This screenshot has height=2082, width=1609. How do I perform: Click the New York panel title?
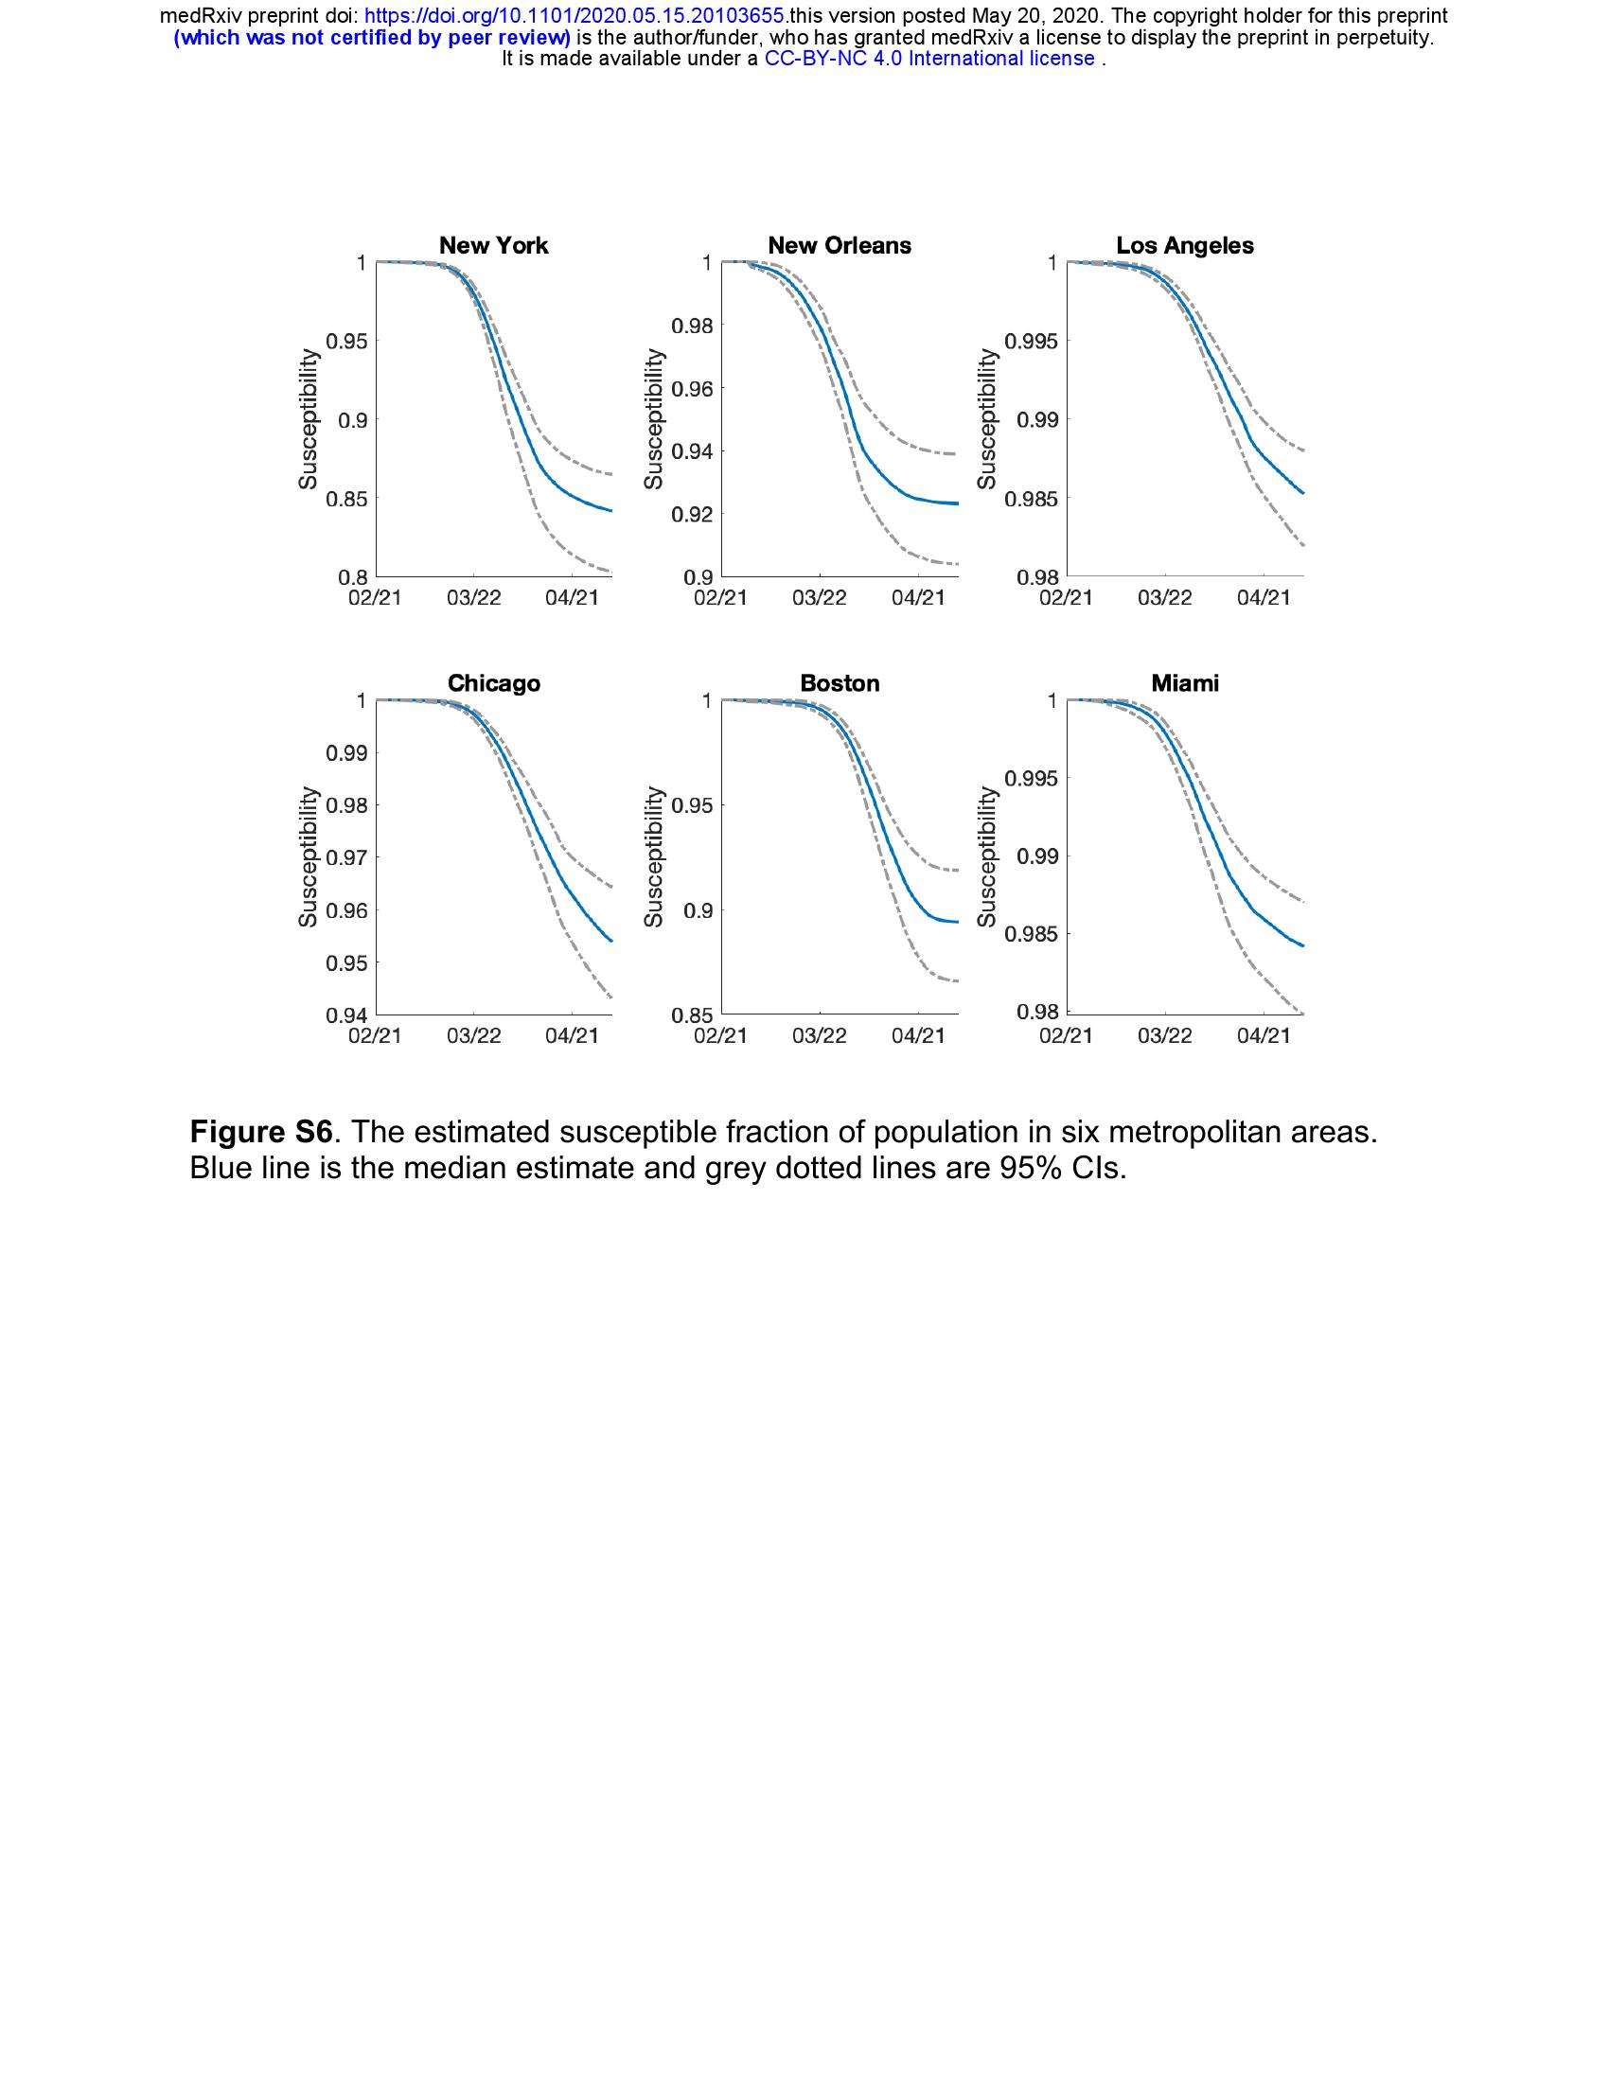(493, 245)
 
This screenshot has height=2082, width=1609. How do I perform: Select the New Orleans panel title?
(839, 245)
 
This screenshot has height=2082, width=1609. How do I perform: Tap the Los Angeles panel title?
(1185, 245)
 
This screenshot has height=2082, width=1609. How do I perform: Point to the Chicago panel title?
(493, 683)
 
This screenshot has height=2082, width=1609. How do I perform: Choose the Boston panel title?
(839, 683)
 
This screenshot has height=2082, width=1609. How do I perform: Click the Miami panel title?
(1185, 683)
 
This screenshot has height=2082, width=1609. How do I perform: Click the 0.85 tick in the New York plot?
(347, 499)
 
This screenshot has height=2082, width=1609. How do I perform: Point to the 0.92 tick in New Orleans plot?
(692, 515)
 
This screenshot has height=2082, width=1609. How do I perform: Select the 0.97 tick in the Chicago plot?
(347, 858)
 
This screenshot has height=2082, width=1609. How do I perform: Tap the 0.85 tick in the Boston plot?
(692, 1016)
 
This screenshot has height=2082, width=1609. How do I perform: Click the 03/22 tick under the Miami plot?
(1165, 1036)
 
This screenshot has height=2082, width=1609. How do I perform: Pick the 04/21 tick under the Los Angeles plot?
(1263, 598)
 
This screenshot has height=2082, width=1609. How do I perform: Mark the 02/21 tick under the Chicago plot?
(376, 1036)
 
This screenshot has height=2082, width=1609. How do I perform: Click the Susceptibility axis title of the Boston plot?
(653, 856)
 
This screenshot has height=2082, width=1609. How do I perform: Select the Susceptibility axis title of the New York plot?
(308, 418)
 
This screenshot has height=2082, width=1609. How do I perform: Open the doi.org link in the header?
(575, 16)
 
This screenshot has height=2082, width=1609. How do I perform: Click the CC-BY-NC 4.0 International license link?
(929, 59)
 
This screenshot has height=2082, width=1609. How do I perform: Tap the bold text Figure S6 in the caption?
(260, 1132)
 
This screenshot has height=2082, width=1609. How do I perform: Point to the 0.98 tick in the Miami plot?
(1036, 1013)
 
